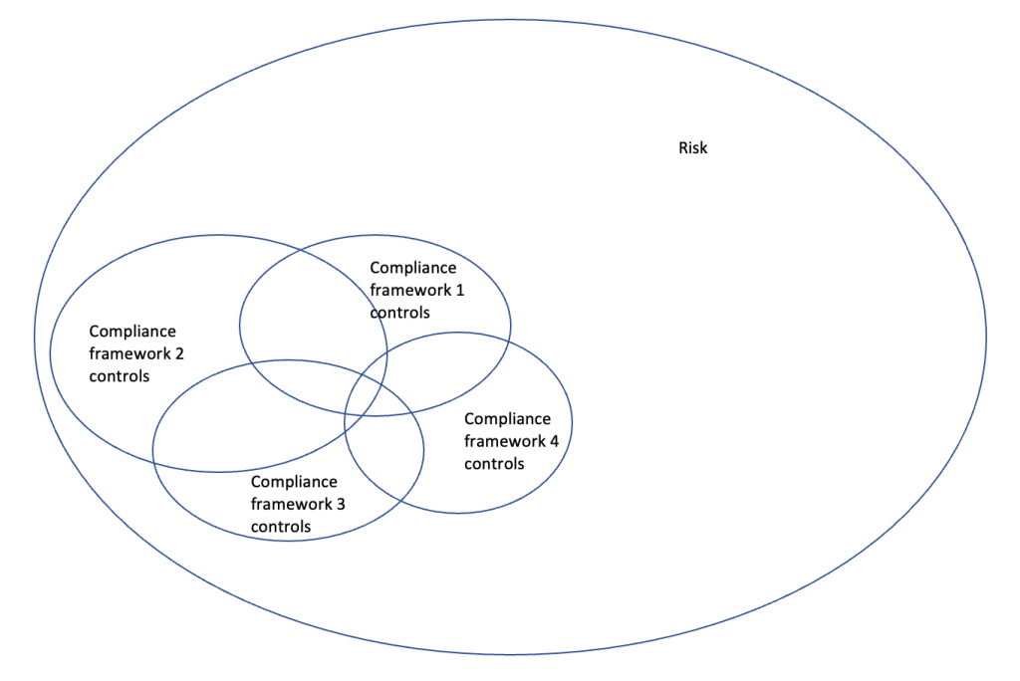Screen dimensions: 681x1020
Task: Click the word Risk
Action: (692, 148)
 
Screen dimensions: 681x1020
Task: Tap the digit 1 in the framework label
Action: (459, 290)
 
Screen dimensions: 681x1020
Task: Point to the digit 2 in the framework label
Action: (178, 353)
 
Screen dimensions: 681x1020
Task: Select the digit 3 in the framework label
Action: (341, 505)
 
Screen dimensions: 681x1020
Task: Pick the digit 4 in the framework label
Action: (554, 441)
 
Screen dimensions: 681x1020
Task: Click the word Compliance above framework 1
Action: (412, 268)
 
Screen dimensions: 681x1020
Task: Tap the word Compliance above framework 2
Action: (132, 332)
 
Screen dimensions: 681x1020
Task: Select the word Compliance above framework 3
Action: (294, 483)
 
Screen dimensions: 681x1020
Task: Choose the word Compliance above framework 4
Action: (507, 419)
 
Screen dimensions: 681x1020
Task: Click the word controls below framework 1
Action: (399, 312)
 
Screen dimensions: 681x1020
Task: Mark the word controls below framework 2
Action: (119, 375)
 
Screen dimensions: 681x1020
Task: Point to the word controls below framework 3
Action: (281, 527)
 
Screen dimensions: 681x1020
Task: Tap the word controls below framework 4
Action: (494, 463)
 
